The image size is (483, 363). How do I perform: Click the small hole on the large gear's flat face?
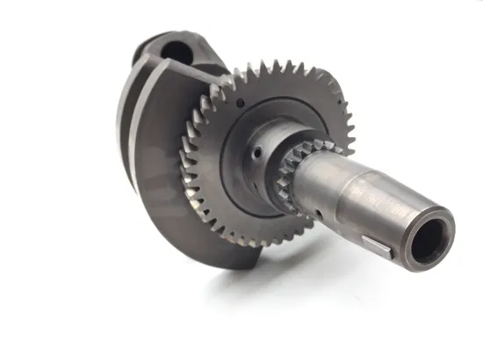tap(238, 103)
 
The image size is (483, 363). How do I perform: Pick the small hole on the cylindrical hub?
tap(256, 151)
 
